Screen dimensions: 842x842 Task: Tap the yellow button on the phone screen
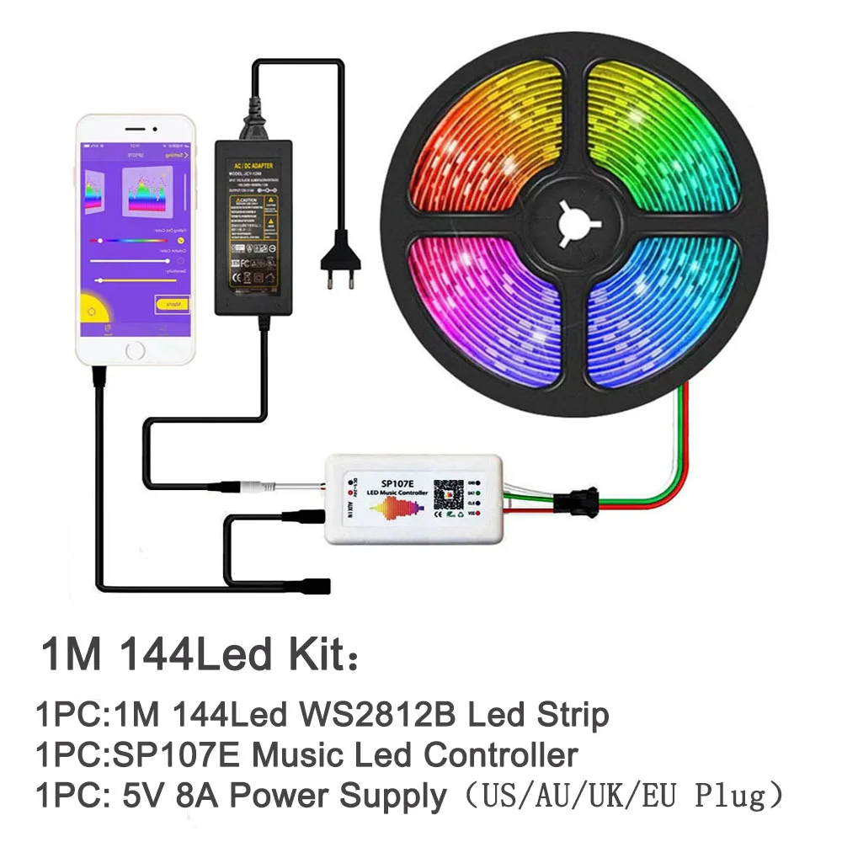(x=173, y=303)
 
